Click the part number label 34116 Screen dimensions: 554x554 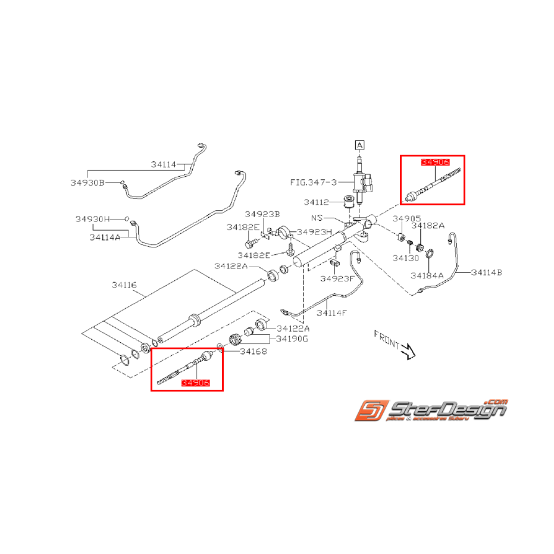coord(124,286)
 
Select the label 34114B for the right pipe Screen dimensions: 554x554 coord(486,273)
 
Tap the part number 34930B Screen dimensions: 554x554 coord(87,183)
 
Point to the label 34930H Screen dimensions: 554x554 coord(93,219)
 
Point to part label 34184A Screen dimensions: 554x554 coord(427,276)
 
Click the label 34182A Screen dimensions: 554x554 coord(428,226)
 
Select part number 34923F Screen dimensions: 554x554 coord(337,278)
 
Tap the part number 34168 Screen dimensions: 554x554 coord(253,351)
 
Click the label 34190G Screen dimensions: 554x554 coord(292,339)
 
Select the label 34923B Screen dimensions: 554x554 coord(262,214)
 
